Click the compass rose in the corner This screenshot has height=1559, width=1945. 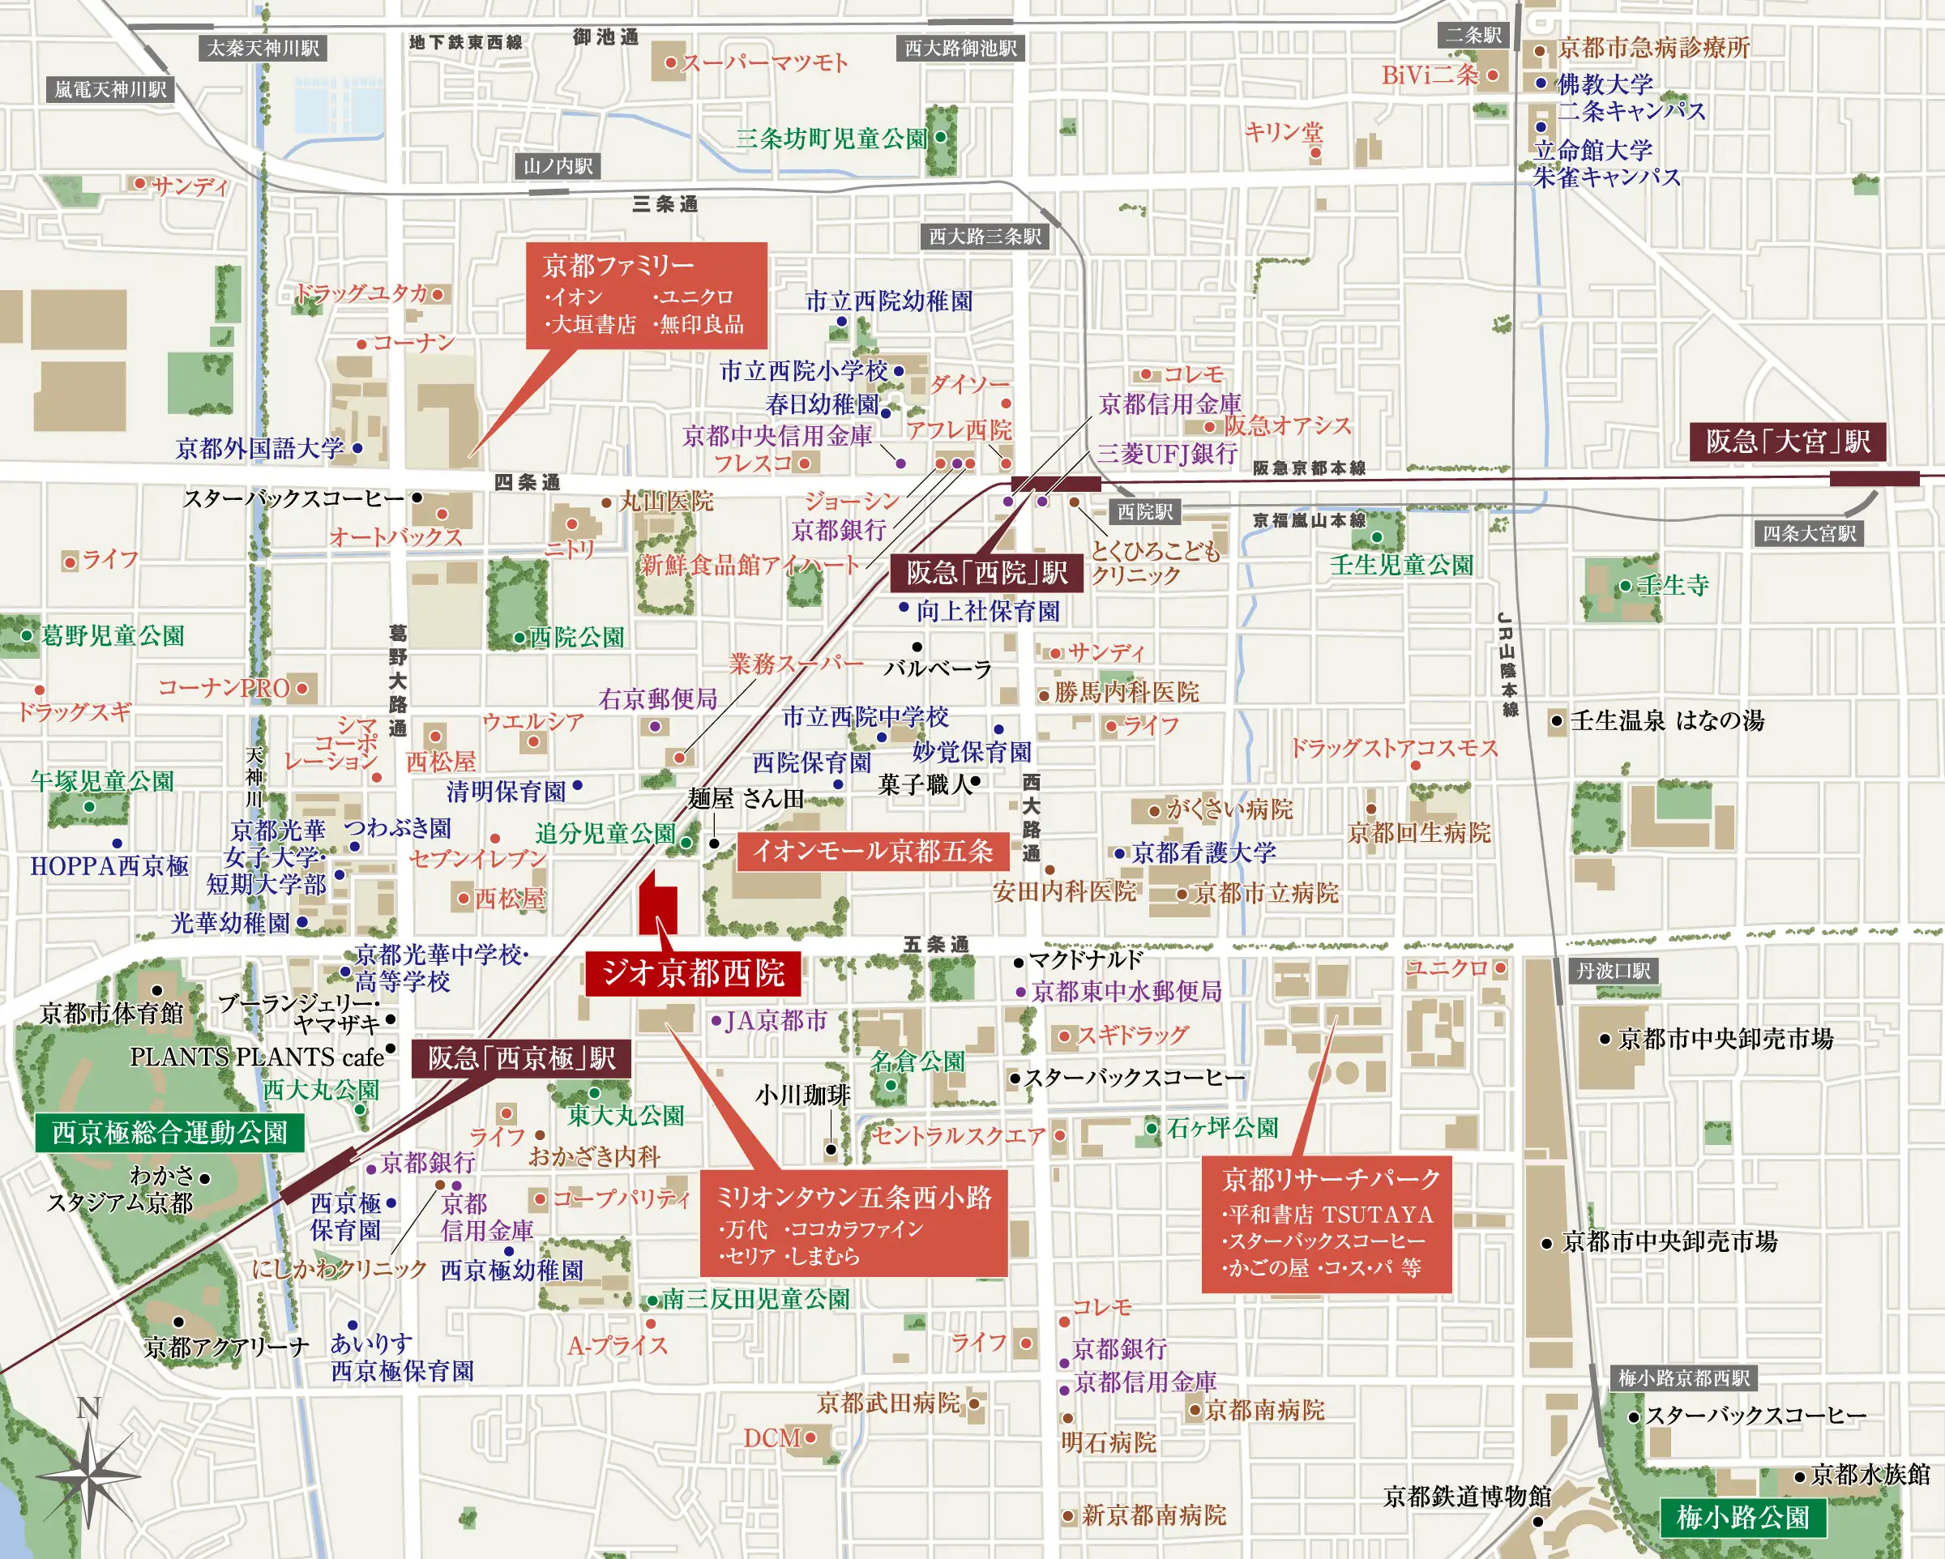click(x=88, y=1473)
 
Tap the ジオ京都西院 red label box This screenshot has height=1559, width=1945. click(x=692, y=972)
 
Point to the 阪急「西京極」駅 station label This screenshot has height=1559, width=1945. click(x=520, y=1057)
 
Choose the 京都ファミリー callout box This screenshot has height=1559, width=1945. click(x=646, y=295)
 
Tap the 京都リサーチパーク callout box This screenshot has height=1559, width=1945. click(x=1326, y=1223)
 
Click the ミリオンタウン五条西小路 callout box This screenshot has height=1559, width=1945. click(x=853, y=1224)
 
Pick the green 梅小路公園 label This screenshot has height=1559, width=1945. click(x=1742, y=1518)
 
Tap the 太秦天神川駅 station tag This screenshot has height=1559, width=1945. click(x=263, y=48)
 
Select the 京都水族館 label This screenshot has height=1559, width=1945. click(x=1869, y=1474)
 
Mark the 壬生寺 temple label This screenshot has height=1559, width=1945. click(x=1673, y=585)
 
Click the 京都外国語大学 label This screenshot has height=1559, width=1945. click(x=260, y=447)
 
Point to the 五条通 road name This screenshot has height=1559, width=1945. click(x=935, y=944)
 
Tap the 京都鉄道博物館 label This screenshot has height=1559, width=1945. click(x=1467, y=1496)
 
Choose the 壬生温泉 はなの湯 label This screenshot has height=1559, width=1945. click(x=1666, y=720)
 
